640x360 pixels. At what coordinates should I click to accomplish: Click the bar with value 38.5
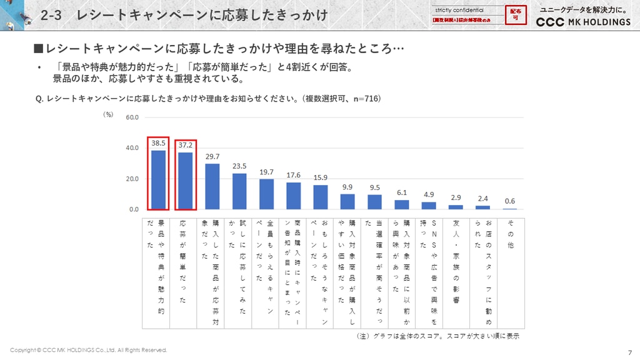[158, 180]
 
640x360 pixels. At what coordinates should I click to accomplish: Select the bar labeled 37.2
[186, 181]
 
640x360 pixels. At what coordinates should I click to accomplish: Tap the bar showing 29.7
[212, 187]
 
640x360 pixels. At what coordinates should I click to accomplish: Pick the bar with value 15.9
[321, 197]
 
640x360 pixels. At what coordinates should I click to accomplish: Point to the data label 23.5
[239, 166]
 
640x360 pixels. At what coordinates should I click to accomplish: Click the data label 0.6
[510, 201]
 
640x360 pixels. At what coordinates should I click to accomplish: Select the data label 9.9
[347, 187]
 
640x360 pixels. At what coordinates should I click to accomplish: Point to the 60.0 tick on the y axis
[132, 117]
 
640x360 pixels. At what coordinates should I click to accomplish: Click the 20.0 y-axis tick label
[132, 179]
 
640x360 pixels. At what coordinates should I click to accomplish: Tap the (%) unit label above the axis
[108, 114]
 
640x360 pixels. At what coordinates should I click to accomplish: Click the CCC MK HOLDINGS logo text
[584, 22]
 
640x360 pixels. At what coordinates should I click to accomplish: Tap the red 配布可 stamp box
[516, 14]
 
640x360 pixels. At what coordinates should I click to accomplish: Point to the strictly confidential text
[459, 10]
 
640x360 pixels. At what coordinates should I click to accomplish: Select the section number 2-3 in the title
[51, 16]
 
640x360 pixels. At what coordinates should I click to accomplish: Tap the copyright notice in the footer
[88, 350]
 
